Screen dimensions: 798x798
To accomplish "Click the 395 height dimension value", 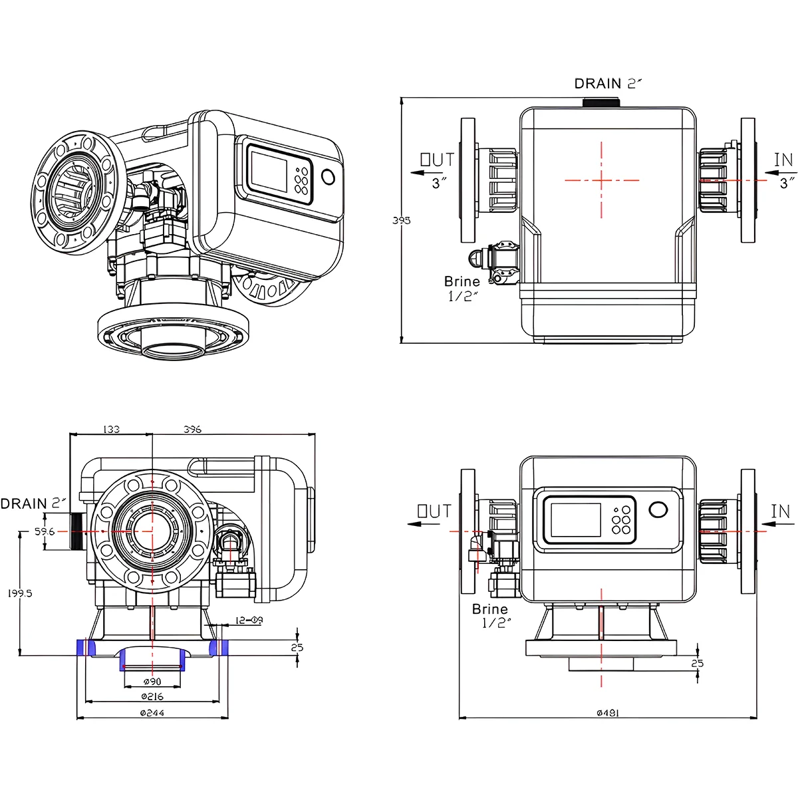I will (x=401, y=220).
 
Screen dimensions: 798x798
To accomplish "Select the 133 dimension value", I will (x=111, y=429).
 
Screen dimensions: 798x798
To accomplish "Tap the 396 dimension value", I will (x=192, y=429).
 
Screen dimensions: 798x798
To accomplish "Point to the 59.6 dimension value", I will (x=45, y=531).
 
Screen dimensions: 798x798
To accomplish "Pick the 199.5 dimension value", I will (x=20, y=593).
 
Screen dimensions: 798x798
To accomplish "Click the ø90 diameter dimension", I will (x=152, y=682).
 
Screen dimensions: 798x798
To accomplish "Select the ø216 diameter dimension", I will (x=152, y=697).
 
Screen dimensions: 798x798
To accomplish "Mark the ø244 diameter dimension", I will (x=152, y=713).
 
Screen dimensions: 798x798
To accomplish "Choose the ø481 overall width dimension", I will (x=607, y=712).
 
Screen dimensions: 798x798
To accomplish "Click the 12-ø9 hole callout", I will (x=249, y=620).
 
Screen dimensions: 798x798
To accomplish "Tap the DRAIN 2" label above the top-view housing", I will (x=608, y=83).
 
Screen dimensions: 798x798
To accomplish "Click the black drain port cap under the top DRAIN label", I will (x=601, y=102).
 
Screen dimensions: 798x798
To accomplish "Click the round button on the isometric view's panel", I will (x=329, y=176).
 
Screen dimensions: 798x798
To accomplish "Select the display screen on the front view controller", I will (x=573, y=520).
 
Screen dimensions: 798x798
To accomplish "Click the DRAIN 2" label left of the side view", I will (x=33, y=503).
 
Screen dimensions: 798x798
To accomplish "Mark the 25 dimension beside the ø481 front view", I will (x=697, y=663).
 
